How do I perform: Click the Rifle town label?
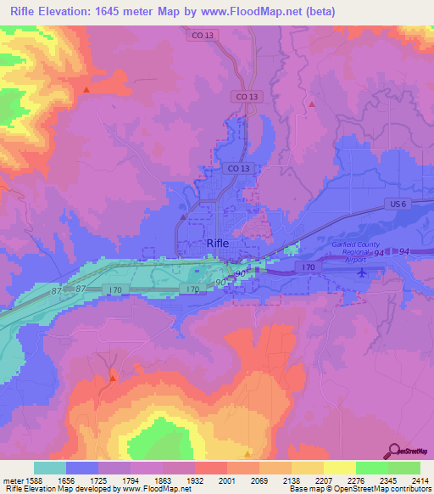tap(218, 243)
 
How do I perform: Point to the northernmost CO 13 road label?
tap(198, 35)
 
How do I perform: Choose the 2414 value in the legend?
tap(410, 480)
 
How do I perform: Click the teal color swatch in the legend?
tap(50, 468)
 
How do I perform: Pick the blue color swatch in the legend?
tap(82, 468)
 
